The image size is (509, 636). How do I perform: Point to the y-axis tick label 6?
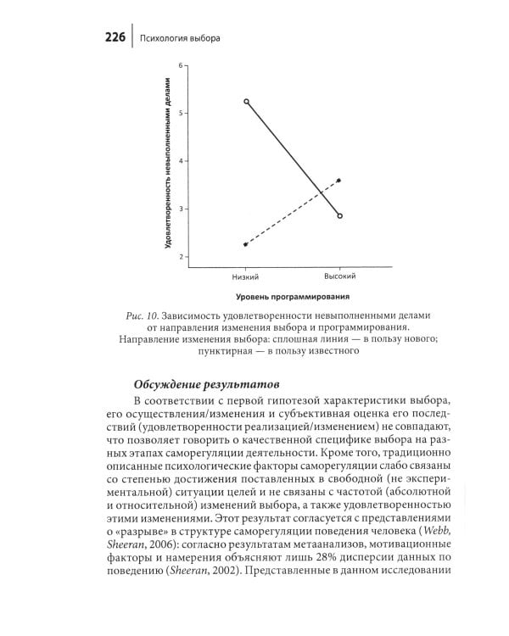coord(181,64)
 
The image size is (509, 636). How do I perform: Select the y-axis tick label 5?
coord(181,113)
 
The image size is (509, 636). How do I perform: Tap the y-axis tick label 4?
coord(181,160)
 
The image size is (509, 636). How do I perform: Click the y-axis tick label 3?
coord(181,209)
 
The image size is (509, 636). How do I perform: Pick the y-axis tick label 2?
coord(181,256)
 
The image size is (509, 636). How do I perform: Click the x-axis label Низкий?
coord(245,277)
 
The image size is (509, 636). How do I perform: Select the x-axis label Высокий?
coord(339,276)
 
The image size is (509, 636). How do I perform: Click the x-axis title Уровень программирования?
coord(293,298)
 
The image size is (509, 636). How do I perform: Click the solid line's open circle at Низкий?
coord(246,101)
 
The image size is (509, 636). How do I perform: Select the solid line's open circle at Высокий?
coord(339,216)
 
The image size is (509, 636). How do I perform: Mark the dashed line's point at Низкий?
coord(245,244)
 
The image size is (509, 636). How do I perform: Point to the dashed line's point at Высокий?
coord(339,180)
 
